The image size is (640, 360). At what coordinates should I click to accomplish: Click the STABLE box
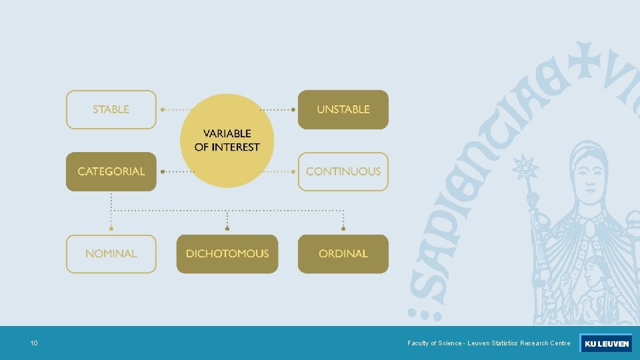tap(111, 109)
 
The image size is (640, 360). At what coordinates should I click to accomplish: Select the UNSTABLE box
tap(343, 109)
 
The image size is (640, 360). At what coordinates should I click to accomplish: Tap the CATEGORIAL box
tap(111, 171)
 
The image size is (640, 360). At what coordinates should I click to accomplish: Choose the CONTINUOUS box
tap(343, 171)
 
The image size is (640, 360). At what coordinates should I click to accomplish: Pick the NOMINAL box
tap(111, 253)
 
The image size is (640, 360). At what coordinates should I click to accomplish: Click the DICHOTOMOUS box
tap(227, 253)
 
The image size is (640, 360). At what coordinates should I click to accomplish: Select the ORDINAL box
tap(343, 253)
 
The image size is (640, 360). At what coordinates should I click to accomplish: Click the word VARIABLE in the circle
tap(227, 134)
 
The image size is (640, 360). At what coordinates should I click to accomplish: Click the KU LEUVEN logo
tap(605, 343)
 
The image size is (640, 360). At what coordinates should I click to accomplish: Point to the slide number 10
tap(34, 343)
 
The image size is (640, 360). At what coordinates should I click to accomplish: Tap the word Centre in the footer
tap(559, 343)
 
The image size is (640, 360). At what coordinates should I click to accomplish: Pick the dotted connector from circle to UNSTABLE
tap(277, 109)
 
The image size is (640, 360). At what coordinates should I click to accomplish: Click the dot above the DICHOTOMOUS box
tap(227, 229)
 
